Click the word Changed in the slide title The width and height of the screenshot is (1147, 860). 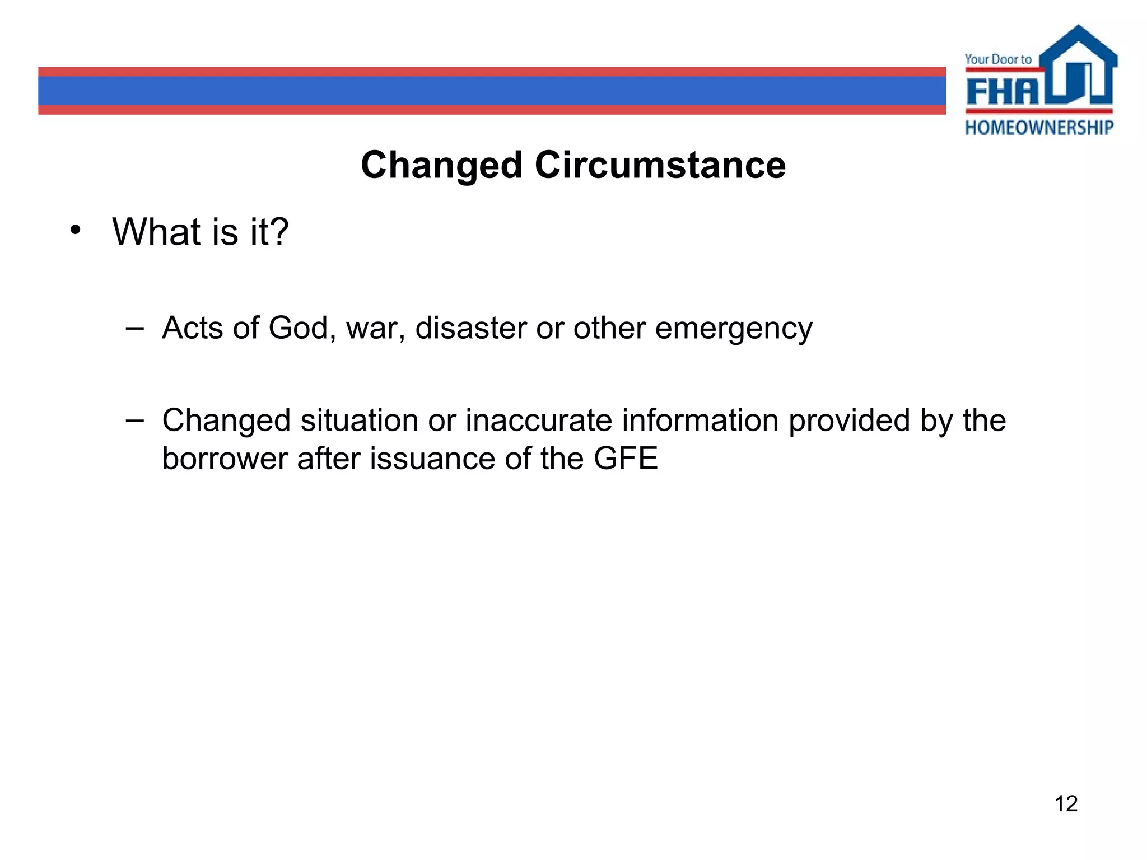click(441, 166)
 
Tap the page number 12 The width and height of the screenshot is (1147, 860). click(1066, 804)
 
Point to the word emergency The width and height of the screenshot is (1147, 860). click(734, 329)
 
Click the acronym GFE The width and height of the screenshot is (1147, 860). click(626, 459)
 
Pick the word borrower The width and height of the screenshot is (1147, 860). click(225, 459)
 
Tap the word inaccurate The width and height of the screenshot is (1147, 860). click(539, 420)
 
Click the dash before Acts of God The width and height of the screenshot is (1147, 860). click(134, 328)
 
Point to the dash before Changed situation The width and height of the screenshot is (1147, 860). click(134, 420)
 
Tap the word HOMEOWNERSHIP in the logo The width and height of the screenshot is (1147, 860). click(1039, 128)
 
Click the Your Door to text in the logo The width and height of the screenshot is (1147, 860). click(998, 59)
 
